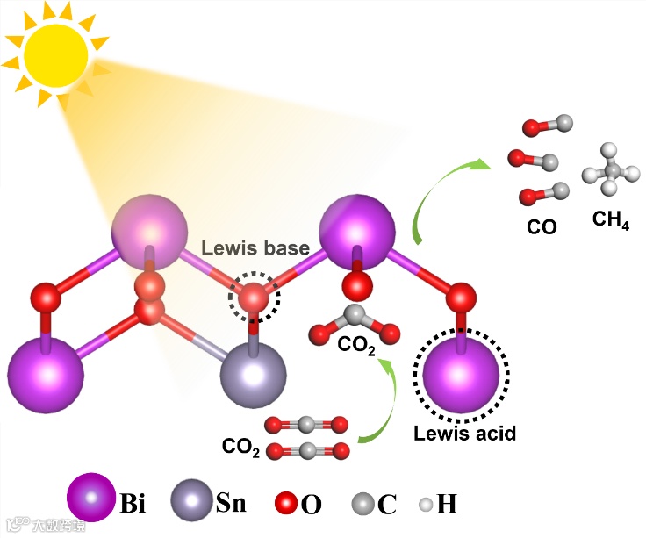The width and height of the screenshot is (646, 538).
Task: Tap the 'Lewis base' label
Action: point(256,248)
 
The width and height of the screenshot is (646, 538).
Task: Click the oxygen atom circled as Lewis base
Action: point(255,300)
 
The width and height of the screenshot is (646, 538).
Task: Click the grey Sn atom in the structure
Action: point(255,375)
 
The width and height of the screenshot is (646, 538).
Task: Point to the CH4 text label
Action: point(611,219)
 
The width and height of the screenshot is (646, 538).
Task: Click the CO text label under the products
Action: point(542,226)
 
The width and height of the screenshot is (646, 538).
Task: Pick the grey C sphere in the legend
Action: point(362,504)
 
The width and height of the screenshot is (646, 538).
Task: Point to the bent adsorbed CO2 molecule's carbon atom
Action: point(355,315)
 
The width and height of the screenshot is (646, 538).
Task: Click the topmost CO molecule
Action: point(547,126)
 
